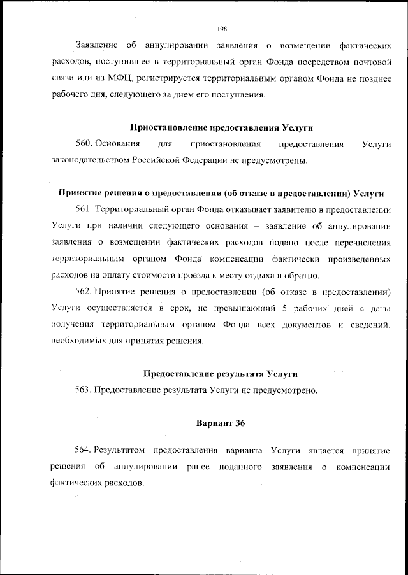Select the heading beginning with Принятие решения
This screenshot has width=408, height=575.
[221, 193]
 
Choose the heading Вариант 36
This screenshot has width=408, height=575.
[221, 423]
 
